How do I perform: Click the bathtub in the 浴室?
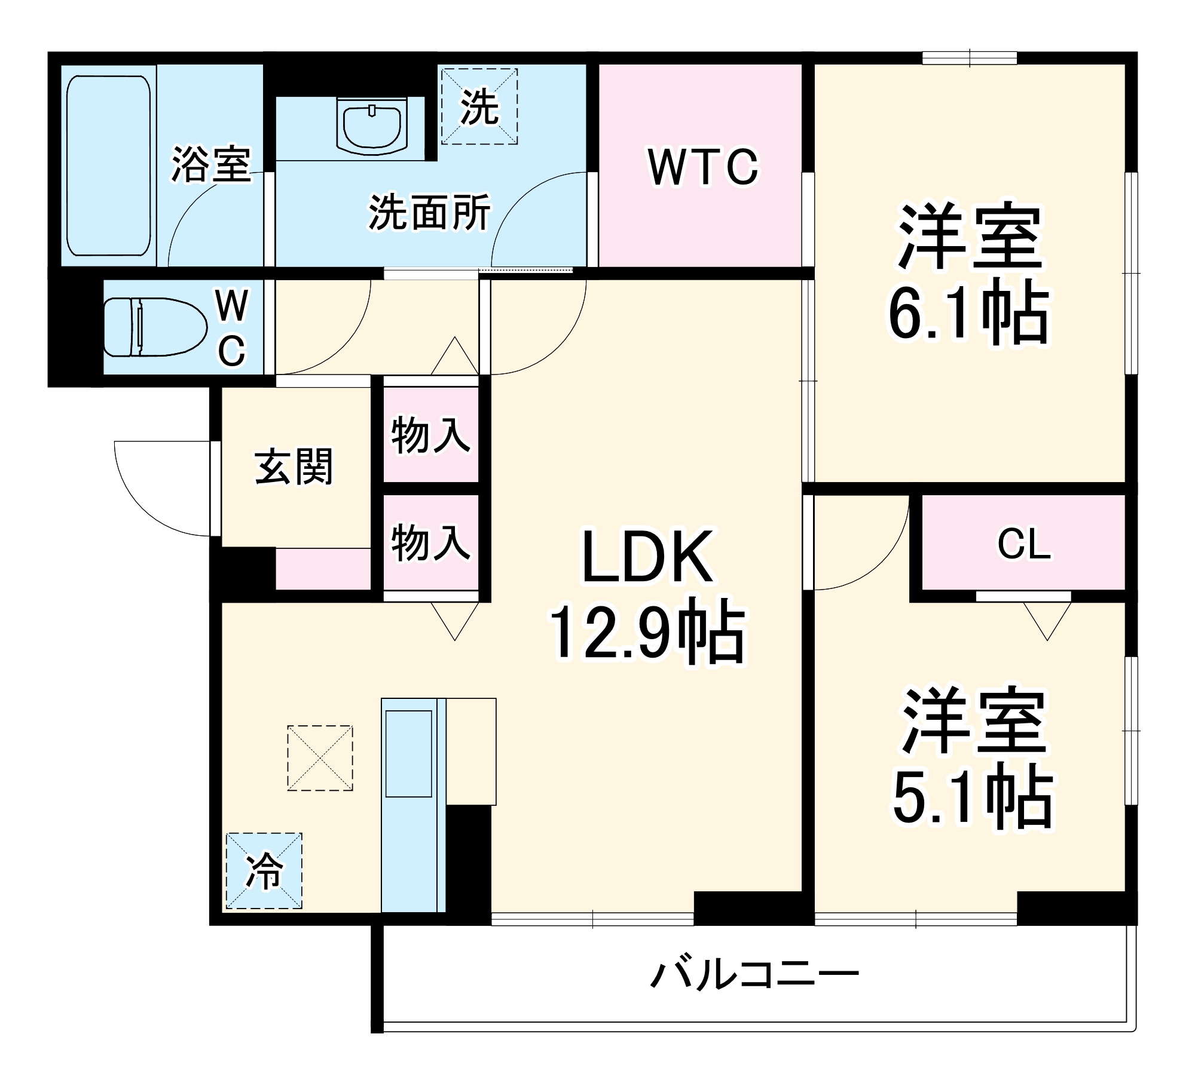(x=108, y=165)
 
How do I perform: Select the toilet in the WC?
(x=154, y=327)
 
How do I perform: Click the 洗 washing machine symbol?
(x=479, y=106)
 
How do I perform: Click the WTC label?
(x=703, y=167)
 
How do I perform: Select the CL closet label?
(x=1023, y=544)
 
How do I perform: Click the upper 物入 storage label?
(x=430, y=435)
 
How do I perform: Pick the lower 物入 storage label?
(x=430, y=542)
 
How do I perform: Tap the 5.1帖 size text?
(x=973, y=797)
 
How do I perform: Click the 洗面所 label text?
(x=429, y=212)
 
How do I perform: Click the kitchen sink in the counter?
(x=409, y=753)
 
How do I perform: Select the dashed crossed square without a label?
(x=320, y=758)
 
